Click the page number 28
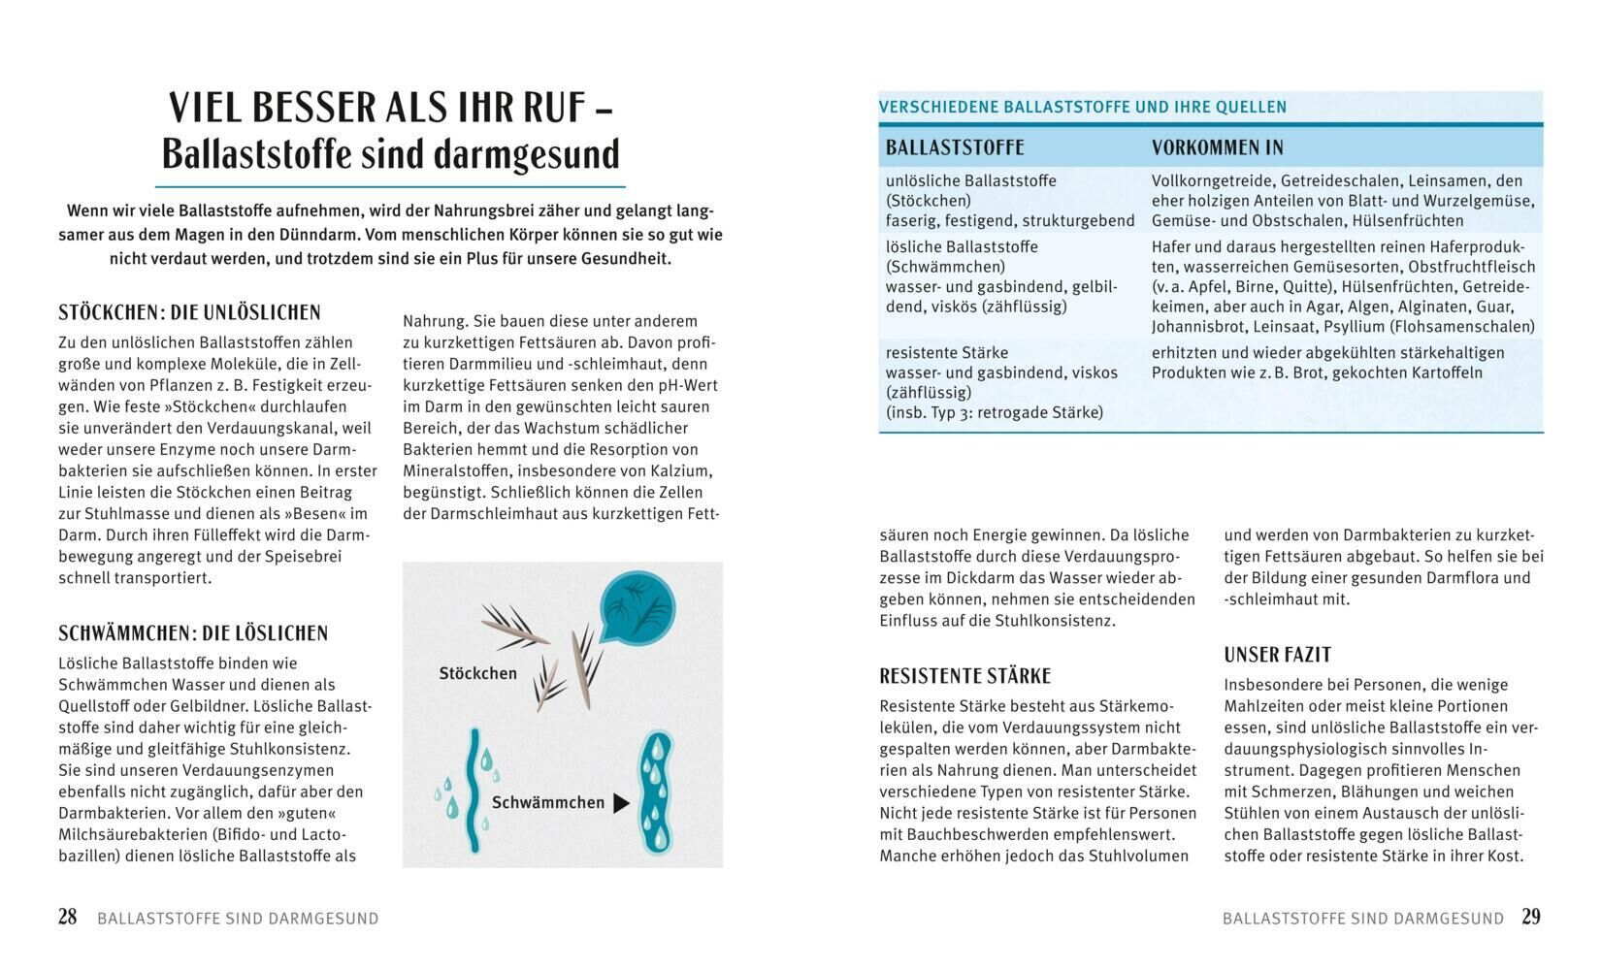click(x=67, y=917)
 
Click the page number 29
click(x=1531, y=917)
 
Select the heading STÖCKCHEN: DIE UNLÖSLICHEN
click(x=189, y=312)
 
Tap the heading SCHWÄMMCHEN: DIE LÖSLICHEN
click(x=193, y=633)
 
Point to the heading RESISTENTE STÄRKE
click(x=964, y=676)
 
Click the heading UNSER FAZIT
click(x=1277, y=655)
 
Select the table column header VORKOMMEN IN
click(x=1217, y=147)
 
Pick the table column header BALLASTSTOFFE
click(x=955, y=147)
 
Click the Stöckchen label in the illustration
click(x=477, y=673)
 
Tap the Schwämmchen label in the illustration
click(x=547, y=802)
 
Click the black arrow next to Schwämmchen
click(x=622, y=803)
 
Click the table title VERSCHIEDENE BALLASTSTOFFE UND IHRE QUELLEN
click(x=1082, y=107)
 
